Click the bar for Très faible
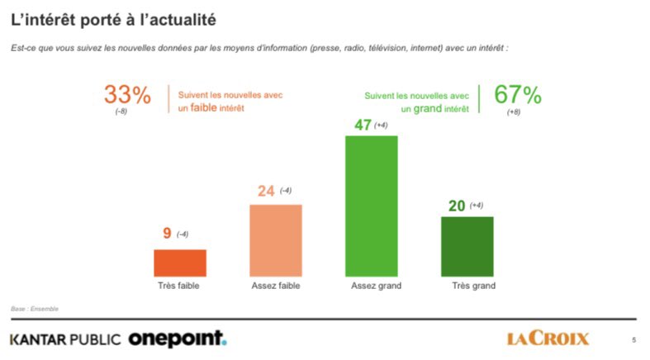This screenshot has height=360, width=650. (180, 263)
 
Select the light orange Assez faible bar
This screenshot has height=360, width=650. (275, 240)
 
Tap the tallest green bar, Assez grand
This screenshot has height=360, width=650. (371, 206)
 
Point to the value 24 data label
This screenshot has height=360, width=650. (265, 192)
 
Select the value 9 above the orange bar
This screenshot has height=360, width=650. (167, 234)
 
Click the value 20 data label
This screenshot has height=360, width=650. (456, 206)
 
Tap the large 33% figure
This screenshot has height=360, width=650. (126, 95)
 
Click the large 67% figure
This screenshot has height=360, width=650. (517, 95)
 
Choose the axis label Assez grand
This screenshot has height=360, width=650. (371, 286)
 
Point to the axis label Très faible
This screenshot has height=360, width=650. (179, 286)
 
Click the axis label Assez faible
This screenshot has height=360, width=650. (275, 286)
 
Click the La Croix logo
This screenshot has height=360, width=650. (548, 338)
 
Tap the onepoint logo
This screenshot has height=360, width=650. (177, 339)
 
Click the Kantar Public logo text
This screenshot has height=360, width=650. (65, 339)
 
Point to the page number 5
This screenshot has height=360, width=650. (633, 339)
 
